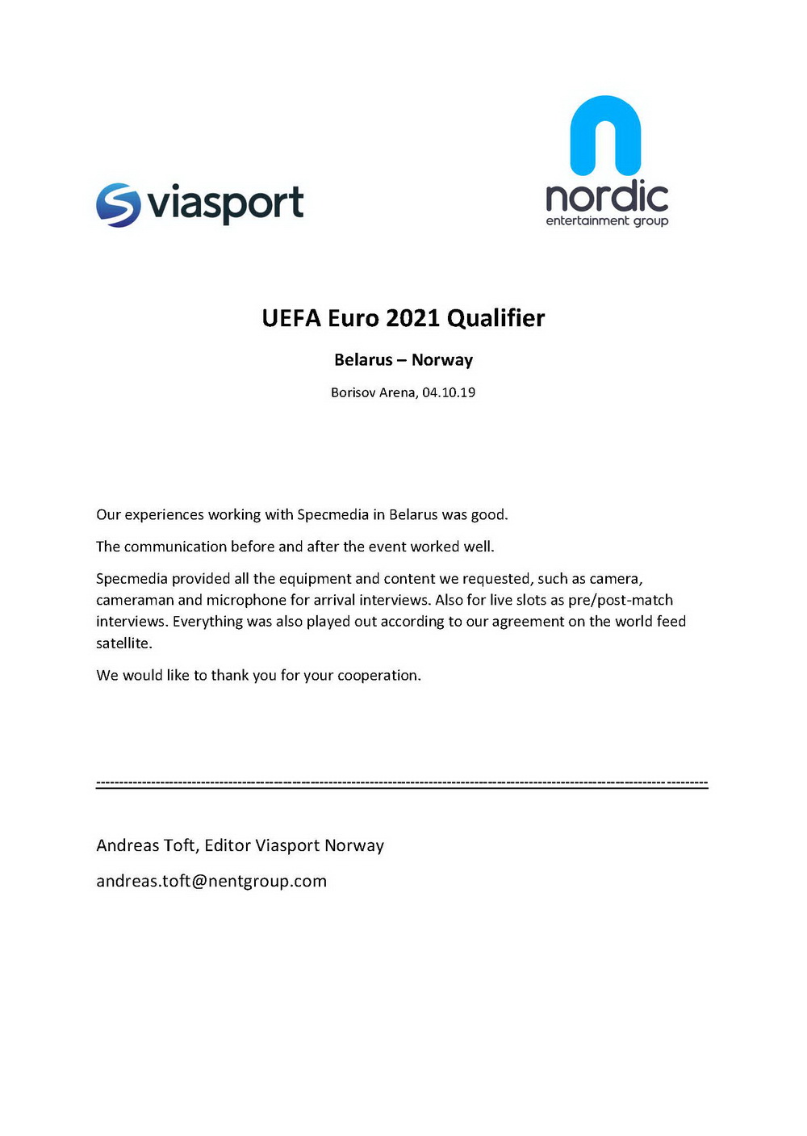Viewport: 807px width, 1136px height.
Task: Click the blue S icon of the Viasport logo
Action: pyautogui.click(x=118, y=204)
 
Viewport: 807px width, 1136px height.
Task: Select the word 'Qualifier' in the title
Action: pyautogui.click(x=495, y=318)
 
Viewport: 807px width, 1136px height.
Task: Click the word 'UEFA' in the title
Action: pyautogui.click(x=291, y=318)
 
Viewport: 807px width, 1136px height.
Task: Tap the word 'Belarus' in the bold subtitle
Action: pyautogui.click(x=363, y=360)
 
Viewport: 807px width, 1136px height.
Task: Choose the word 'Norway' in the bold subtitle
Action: pyautogui.click(x=442, y=360)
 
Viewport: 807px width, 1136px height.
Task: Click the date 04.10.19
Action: pyautogui.click(x=449, y=392)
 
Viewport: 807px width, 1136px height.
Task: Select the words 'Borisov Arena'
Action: pyautogui.click(x=374, y=392)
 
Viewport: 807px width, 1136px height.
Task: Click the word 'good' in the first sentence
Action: pyautogui.click(x=488, y=515)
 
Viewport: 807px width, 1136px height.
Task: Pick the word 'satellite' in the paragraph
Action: pyautogui.click(x=123, y=643)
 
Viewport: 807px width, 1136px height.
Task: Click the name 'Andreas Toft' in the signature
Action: pyautogui.click(x=145, y=845)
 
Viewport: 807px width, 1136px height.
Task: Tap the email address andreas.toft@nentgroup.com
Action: pyautogui.click(x=211, y=881)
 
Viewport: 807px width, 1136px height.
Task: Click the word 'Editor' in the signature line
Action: pyautogui.click(x=228, y=845)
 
